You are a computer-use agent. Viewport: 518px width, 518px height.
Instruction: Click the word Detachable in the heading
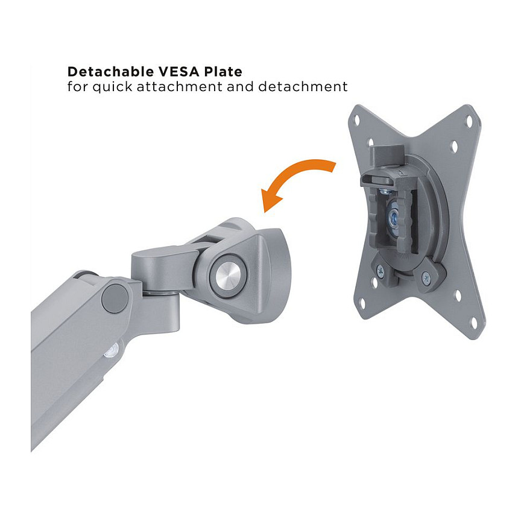coord(111,71)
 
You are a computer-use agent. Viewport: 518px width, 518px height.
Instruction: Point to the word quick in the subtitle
coord(112,87)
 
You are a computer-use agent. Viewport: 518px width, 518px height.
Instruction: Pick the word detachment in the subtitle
coord(303,87)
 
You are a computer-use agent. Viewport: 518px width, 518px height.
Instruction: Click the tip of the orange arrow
coord(265,212)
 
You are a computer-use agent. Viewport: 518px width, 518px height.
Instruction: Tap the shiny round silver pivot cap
coord(228,274)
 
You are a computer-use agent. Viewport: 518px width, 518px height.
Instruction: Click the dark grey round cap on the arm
coord(115,298)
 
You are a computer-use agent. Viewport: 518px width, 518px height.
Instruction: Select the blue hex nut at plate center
coord(394,219)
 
